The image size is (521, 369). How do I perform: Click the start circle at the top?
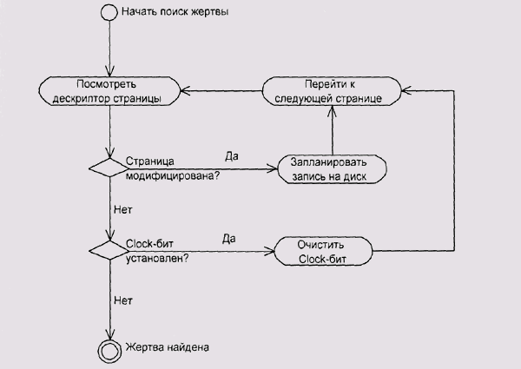[x=109, y=12]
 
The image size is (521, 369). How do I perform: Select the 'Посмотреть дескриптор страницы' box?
[x=109, y=91]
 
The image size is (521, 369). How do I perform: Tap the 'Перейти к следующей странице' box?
[x=333, y=91]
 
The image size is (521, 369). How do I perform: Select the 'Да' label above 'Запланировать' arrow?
[x=232, y=156]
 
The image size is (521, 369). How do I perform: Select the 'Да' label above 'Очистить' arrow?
[x=229, y=239]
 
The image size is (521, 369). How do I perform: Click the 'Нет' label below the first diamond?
[x=123, y=209]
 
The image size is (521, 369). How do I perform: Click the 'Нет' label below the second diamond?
[x=123, y=300]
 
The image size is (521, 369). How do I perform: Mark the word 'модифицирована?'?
[x=172, y=176]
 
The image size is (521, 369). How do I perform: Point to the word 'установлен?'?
[x=159, y=259]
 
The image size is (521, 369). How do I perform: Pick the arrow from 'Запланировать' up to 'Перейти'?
[x=332, y=130]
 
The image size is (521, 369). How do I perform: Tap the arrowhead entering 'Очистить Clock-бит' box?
[x=270, y=252]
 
